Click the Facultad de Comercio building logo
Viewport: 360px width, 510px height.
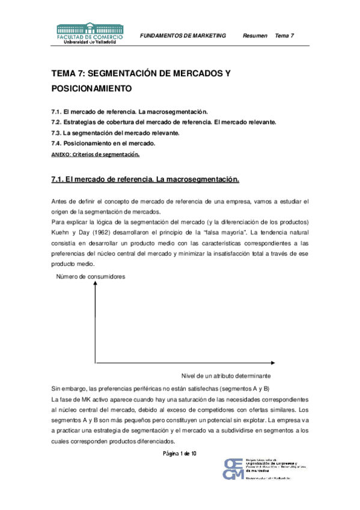pyautogui.click(x=90, y=29)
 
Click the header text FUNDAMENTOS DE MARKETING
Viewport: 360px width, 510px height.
pyautogui.click(x=183, y=36)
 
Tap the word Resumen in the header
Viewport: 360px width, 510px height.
pyautogui.click(x=255, y=36)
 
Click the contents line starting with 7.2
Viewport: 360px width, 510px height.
pyautogui.click(x=163, y=122)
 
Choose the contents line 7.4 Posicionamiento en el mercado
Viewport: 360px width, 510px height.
pyautogui.click(x=103, y=143)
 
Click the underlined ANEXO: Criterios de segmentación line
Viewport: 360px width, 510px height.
pyautogui.click(x=96, y=154)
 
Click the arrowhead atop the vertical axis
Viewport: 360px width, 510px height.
pyautogui.click(x=96, y=284)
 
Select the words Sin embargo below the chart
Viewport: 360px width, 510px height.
pyautogui.click(x=69, y=389)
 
